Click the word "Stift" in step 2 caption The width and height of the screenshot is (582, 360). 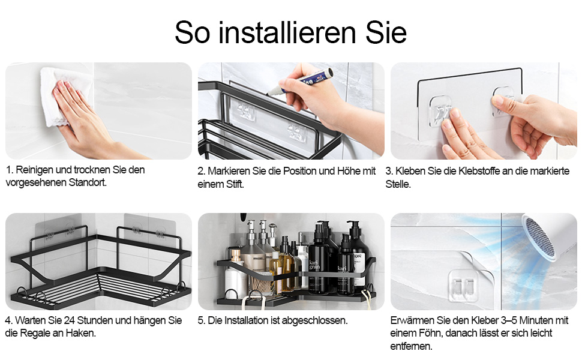click(x=232, y=184)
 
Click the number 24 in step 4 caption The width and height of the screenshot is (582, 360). click(x=70, y=320)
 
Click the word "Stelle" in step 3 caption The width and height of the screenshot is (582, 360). click(x=398, y=184)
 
